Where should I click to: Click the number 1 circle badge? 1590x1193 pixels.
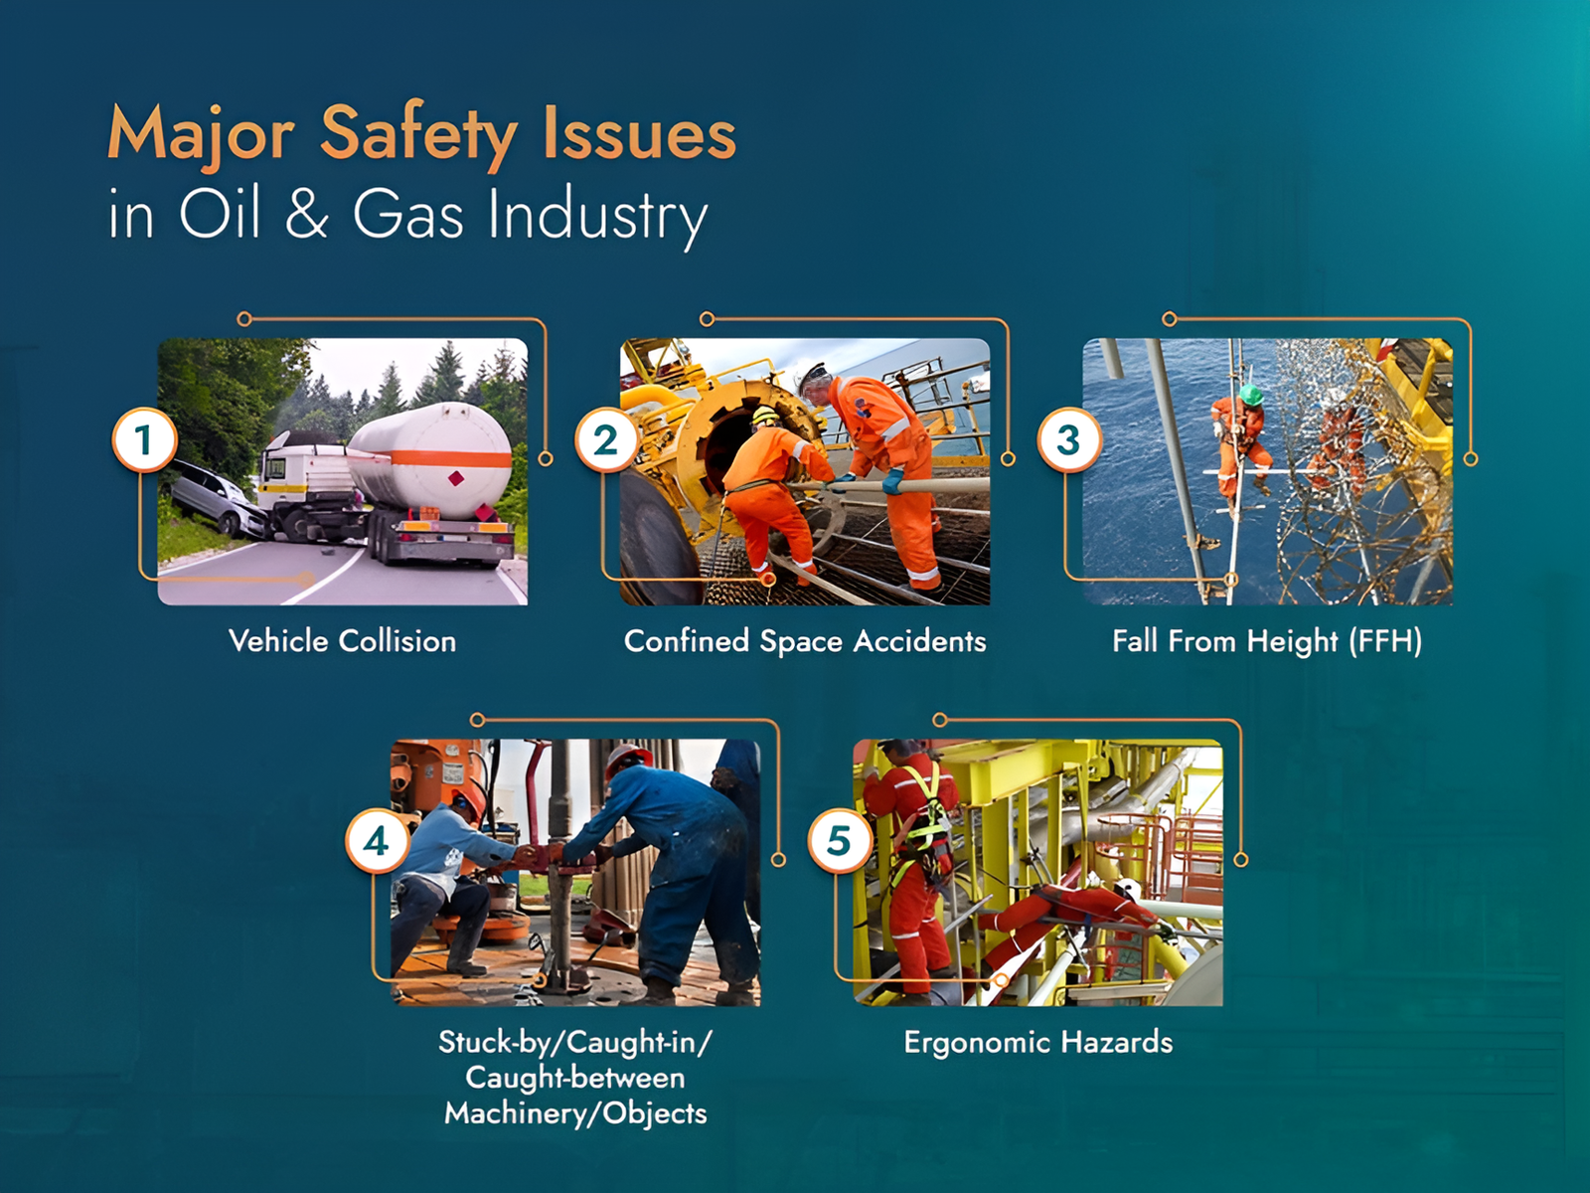click(144, 440)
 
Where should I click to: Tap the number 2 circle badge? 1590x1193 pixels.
click(607, 440)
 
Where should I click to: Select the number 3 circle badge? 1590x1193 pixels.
click(1069, 440)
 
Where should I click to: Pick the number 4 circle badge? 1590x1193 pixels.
click(377, 842)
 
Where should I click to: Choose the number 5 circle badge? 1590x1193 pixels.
click(840, 842)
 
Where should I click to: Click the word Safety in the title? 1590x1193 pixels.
click(418, 136)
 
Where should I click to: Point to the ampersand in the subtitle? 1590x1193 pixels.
click(306, 215)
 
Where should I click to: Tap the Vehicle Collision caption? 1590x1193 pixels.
click(343, 641)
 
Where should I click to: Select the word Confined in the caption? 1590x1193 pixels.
click(687, 641)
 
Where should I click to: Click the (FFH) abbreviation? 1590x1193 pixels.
click(1385, 642)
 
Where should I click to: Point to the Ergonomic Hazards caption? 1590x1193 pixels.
click(1038, 1043)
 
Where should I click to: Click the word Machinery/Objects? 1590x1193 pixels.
click(575, 1112)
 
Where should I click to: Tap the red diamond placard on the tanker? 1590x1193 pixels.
click(455, 478)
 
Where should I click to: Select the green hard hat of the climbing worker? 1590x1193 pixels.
click(1250, 395)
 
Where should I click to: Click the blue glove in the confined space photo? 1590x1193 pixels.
click(892, 481)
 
